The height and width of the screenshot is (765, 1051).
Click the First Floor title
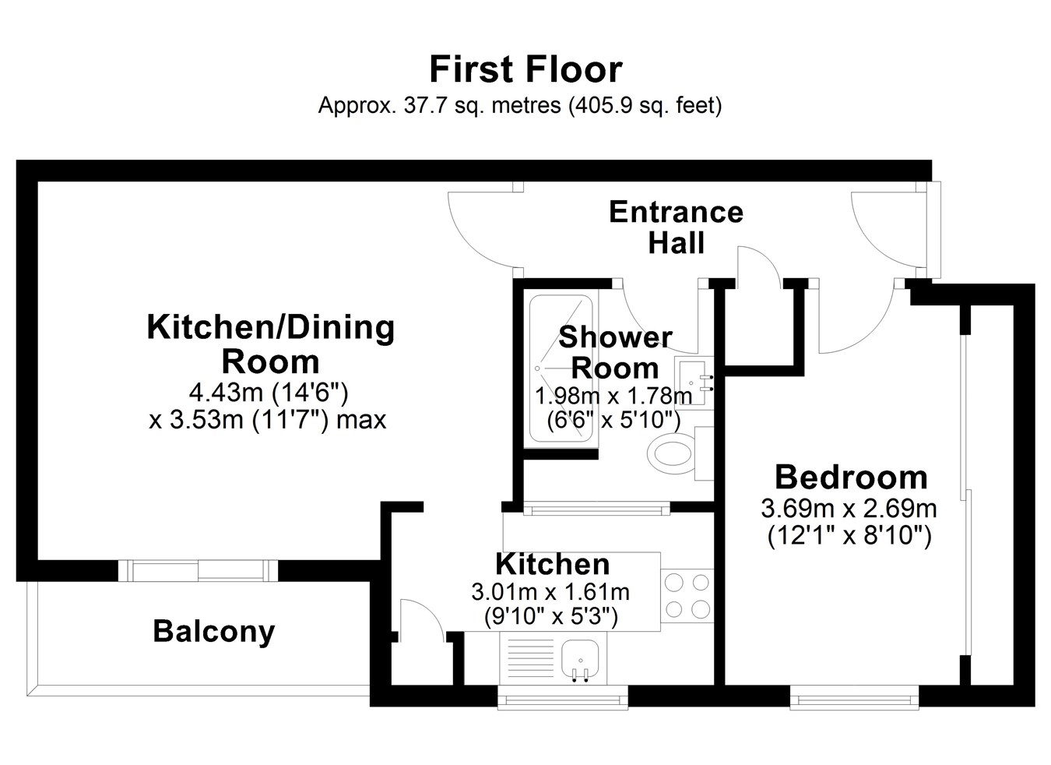(526, 69)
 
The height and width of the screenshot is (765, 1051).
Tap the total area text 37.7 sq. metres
(482, 105)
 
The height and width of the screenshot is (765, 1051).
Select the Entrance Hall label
(676, 227)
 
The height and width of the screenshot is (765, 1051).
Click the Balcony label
(214, 631)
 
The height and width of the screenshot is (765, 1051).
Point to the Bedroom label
(851, 477)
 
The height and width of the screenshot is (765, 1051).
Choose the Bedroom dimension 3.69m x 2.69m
(849, 509)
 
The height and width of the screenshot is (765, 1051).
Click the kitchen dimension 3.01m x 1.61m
(550, 592)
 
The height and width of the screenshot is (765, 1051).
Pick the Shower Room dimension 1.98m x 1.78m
(613, 397)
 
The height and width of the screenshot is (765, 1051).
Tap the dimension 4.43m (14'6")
(269, 392)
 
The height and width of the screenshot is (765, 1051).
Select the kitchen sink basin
(580, 658)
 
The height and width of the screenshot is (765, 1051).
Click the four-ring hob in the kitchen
(687, 596)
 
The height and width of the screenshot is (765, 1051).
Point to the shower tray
(561, 368)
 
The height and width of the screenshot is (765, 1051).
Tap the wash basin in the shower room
(694, 380)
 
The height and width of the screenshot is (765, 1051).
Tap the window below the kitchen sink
(562, 698)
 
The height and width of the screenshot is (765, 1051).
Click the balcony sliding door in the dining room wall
(198, 570)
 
